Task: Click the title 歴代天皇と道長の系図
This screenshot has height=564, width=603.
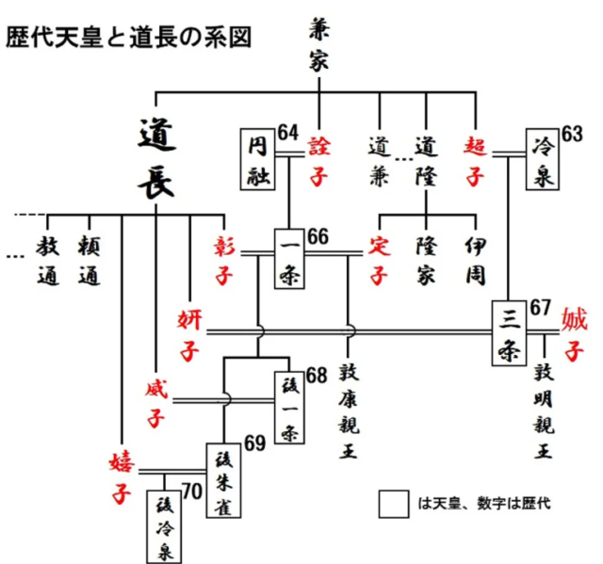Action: [131, 38]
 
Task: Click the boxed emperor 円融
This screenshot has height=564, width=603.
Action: [259, 160]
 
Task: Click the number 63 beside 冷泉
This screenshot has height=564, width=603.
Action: [572, 133]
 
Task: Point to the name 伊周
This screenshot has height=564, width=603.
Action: [476, 260]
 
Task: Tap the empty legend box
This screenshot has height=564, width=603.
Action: [394, 504]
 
